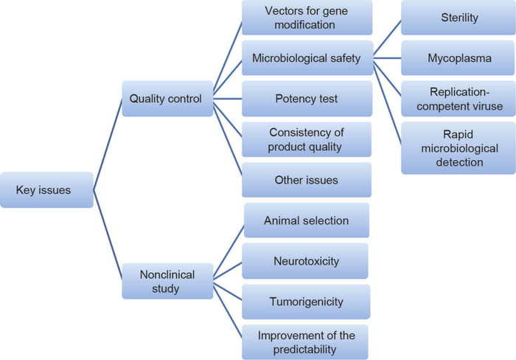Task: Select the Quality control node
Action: [167, 99]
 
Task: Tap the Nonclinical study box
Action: [167, 281]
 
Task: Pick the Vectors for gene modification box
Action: [307, 18]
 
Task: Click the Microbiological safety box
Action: [307, 58]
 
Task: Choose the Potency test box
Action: [307, 99]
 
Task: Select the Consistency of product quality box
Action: [307, 139]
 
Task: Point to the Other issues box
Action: [307, 180]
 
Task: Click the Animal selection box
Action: [307, 221]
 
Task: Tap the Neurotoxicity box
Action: [307, 261]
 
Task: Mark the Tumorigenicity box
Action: [307, 302]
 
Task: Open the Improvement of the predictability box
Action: [307, 342]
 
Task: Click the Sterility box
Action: [459, 18]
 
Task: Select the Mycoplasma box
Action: [459, 58]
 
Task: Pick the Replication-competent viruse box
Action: [459, 99]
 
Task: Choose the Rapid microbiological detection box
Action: [459, 148]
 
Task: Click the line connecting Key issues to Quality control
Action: [108, 145]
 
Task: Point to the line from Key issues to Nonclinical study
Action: [108, 235]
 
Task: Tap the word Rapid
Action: [459, 135]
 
